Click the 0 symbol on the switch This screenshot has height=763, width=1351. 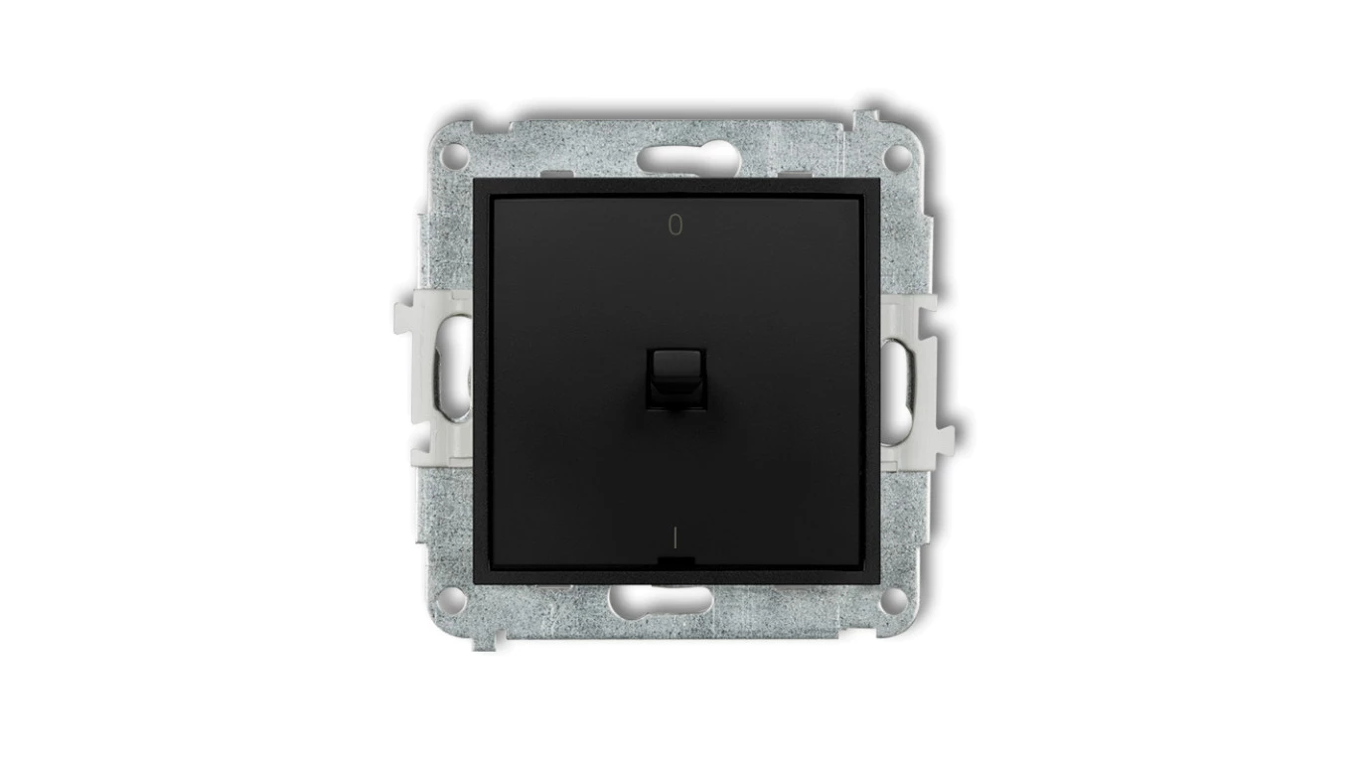pos(675,225)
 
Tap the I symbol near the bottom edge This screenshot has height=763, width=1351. pos(675,536)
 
